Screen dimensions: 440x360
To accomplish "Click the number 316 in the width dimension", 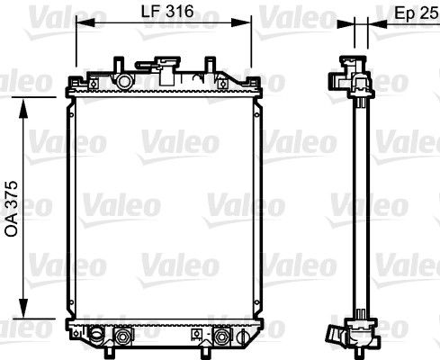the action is pyautogui.click(x=179, y=12).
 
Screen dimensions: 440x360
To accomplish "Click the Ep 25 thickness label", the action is pyautogui.click(x=416, y=13).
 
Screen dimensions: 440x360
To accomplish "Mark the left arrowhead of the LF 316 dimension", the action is pyautogui.click(x=85, y=22).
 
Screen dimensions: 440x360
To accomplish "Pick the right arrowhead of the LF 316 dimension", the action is pyautogui.click(x=241, y=22).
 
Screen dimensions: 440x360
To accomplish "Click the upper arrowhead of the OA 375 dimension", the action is pyautogui.click(x=23, y=108).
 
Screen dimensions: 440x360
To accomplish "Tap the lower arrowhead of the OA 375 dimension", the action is pyautogui.click(x=23, y=308).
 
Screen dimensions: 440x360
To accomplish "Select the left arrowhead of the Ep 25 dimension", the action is pyautogui.click(x=346, y=24).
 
